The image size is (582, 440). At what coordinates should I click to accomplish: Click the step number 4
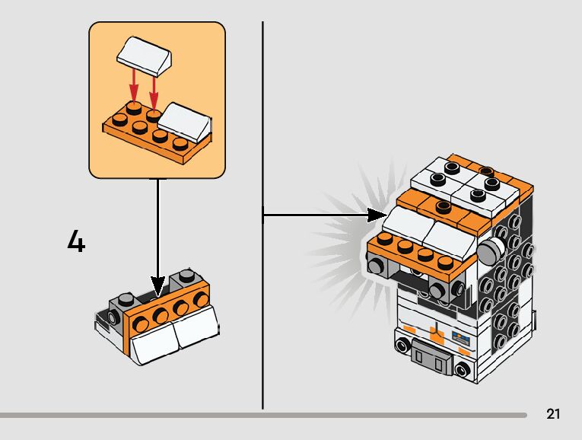pos(77,241)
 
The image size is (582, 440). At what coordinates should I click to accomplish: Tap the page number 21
pos(553,413)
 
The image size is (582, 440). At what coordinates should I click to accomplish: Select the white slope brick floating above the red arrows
pos(144,56)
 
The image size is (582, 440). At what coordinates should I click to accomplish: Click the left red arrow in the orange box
pos(134,88)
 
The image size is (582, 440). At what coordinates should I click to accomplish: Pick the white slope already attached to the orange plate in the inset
pos(185,122)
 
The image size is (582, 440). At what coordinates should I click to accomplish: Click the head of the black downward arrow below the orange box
pos(158,285)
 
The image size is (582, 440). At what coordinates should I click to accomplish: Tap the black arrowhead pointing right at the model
pos(377,215)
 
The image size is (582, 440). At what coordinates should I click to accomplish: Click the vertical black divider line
pos(262,215)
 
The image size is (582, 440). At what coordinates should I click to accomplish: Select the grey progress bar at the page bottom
pos(263,415)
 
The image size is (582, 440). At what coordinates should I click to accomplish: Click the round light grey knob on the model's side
pos(490,250)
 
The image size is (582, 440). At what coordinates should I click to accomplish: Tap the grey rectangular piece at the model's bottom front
pos(431,356)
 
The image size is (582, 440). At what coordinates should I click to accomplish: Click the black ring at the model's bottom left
pos(402,346)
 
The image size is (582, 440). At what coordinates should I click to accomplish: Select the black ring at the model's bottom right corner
pos(462,370)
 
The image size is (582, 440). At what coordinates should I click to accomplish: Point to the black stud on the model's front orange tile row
pos(444,206)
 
